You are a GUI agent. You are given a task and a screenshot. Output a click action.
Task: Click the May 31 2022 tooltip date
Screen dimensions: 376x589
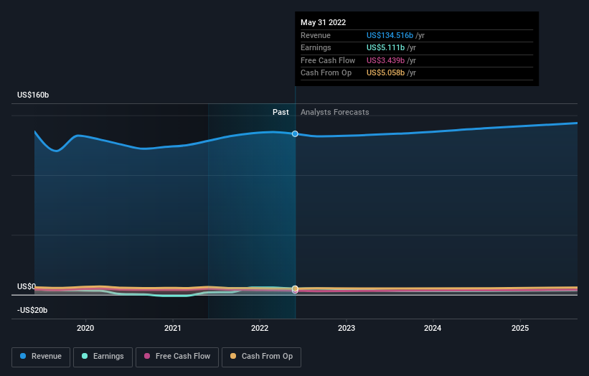pos(323,22)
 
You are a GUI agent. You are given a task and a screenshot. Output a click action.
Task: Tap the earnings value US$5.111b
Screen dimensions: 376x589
pos(386,48)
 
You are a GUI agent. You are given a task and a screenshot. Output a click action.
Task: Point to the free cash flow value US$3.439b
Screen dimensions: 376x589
pos(386,60)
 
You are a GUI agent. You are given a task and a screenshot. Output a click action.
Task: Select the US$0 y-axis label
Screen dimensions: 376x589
pos(27,286)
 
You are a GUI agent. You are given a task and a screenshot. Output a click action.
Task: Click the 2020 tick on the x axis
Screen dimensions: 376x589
pos(85,328)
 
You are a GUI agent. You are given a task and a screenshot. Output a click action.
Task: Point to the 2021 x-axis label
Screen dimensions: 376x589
pos(172,328)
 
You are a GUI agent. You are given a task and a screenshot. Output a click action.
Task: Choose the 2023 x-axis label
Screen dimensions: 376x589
pos(347,328)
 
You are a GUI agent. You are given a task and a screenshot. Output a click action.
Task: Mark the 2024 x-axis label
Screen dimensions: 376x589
pos(433,328)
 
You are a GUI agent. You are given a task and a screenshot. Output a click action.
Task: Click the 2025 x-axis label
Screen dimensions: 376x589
pos(520,328)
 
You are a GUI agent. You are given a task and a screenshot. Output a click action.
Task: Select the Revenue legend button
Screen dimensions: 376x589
pos(41,356)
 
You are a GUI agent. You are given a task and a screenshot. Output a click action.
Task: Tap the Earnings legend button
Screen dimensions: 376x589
pos(103,356)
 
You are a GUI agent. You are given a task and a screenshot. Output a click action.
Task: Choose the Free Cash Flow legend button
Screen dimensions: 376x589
pos(177,356)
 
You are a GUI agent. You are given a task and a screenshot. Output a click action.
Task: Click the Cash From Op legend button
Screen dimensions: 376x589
pos(261,356)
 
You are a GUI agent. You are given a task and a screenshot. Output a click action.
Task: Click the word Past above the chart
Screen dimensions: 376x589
pos(281,112)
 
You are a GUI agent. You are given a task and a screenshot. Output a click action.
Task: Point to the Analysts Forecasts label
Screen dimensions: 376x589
pos(335,112)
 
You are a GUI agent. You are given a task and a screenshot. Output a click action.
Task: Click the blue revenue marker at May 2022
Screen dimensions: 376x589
pos(295,134)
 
